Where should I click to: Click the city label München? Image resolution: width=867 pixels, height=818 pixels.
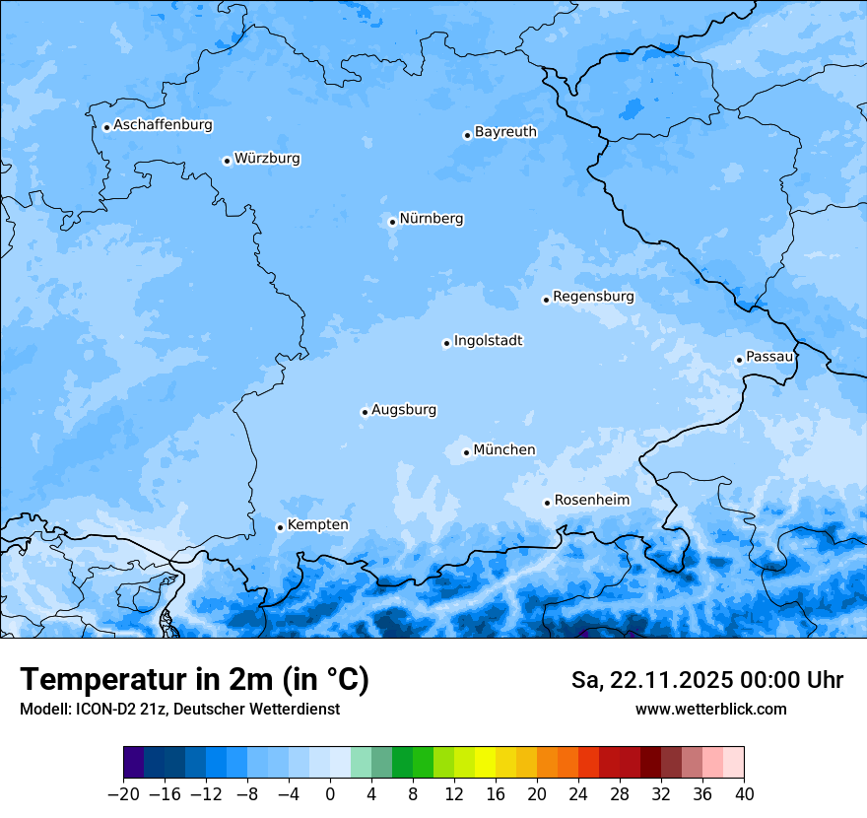click(503, 450)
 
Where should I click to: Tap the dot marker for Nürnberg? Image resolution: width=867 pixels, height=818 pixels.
click(392, 222)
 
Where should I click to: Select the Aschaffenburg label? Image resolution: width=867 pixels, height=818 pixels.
click(163, 125)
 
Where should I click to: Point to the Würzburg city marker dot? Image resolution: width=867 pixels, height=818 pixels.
click(227, 161)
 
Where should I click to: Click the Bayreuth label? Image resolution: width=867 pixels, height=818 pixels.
click(505, 132)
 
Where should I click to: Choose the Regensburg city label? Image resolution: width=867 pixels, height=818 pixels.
click(593, 297)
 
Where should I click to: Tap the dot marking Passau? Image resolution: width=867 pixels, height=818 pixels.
click(739, 360)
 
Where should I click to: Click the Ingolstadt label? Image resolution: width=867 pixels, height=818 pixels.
click(488, 341)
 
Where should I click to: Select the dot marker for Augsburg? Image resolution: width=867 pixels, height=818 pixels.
click(365, 412)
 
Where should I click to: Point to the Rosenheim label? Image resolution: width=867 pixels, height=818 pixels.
click(591, 501)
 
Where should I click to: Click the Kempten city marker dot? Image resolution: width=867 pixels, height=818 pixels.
click(280, 527)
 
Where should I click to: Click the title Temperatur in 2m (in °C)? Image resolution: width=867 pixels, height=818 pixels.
click(194, 680)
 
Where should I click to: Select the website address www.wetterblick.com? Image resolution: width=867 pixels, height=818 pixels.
click(710, 710)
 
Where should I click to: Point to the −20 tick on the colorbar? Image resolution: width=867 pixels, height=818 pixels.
click(123, 794)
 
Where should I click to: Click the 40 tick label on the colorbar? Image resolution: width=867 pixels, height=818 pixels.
click(744, 794)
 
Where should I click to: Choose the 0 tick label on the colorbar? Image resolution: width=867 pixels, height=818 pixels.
click(330, 794)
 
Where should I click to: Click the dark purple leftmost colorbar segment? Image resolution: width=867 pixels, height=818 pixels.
click(133, 763)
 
